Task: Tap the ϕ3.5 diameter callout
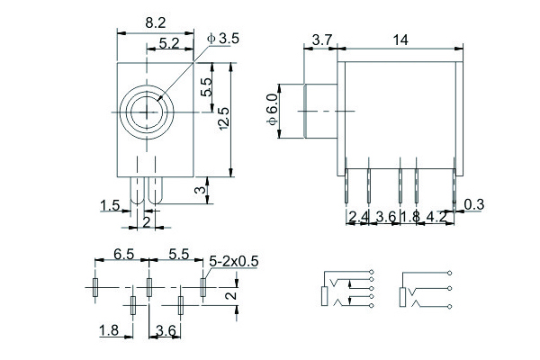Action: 222,38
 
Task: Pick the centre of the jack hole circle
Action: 146,111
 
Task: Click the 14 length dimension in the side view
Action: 400,39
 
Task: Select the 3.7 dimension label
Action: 322,39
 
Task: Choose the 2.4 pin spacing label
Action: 358,217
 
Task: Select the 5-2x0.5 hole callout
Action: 233,261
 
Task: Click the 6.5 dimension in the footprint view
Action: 123,256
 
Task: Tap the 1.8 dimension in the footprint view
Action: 109,331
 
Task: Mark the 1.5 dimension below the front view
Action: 111,206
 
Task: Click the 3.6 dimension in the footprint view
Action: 166,331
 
